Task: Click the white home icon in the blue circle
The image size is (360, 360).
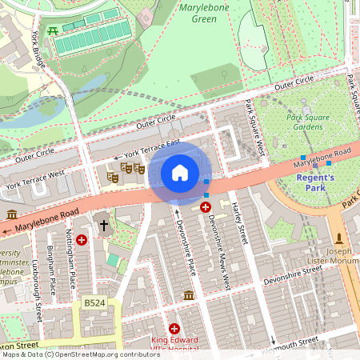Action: [x=180, y=172]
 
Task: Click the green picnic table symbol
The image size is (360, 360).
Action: [x=53, y=30]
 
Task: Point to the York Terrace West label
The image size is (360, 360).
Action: [x=34, y=178]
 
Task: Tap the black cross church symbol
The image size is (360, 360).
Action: [x=103, y=226]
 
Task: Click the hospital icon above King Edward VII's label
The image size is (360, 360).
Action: [x=174, y=328]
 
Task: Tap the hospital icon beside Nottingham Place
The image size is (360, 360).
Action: [x=82, y=240]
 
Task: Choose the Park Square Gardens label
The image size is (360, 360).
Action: [x=308, y=122]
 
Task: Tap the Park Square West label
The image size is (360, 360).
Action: [x=255, y=128]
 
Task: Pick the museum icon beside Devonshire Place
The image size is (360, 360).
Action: [x=189, y=297]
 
